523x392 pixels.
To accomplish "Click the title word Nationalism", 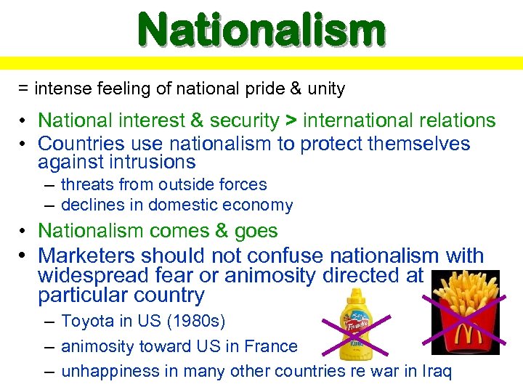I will [x=261, y=30].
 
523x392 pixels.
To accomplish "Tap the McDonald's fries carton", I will [x=466, y=312].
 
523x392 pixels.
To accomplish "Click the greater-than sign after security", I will [x=291, y=121].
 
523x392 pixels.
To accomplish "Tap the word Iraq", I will [x=435, y=372].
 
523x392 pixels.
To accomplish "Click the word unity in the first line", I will [x=326, y=89].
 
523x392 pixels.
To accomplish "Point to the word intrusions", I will [x=153, y=162].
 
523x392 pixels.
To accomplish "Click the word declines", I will [x=92, y=205].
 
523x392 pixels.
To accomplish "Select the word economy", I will [x=259, y=205].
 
